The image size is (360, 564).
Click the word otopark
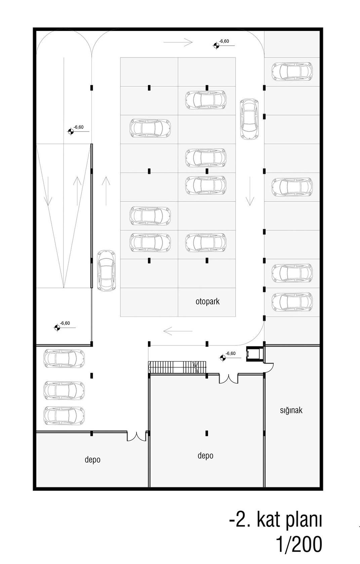207,301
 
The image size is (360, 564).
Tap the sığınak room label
291,410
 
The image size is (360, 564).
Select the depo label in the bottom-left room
92,459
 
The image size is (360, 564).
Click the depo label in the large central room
205,455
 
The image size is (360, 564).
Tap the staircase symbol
177,367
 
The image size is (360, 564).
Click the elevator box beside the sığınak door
254,354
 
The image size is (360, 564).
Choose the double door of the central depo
229,378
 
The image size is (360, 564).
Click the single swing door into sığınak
269,367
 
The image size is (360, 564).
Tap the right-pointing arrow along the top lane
178,42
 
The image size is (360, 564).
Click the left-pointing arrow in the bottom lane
178,331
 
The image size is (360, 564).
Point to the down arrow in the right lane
250,191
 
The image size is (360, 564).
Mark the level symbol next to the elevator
223,358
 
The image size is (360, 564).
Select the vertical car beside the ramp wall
107,271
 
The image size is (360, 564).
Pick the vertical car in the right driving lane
249,119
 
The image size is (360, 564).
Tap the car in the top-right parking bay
292,72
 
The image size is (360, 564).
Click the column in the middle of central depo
206,433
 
